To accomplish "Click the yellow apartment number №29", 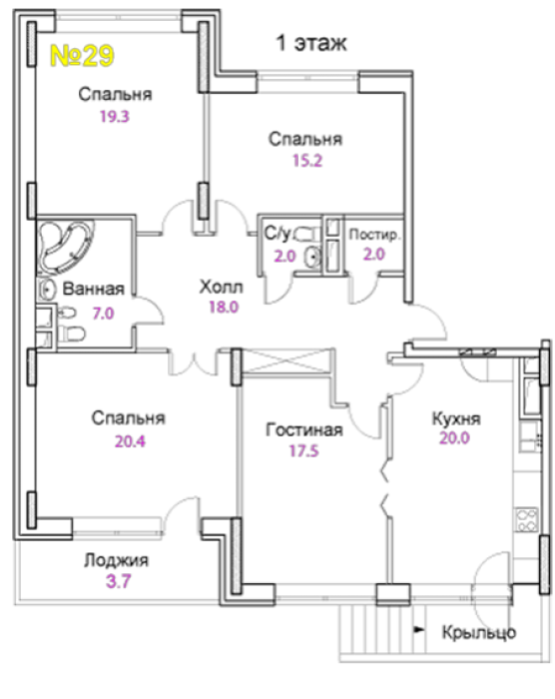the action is point(82,56).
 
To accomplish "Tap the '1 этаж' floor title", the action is point(311,43).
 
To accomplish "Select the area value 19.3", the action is point(115,117).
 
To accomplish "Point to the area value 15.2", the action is point(307,161).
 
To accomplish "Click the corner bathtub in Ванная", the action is point(65,247).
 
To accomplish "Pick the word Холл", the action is point(222,288).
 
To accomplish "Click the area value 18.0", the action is point(224,308).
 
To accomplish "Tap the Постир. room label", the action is point(374,235).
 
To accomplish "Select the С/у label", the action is point(277,233).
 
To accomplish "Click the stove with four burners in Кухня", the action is point(526,520).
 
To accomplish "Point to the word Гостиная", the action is point(304,430).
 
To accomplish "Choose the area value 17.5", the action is point(304,451).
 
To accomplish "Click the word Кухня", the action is point(456,419).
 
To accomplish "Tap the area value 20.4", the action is point(130,441).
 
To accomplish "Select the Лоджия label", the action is point(117,561).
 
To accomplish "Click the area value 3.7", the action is point(119,582).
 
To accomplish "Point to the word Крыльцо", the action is point(479,632).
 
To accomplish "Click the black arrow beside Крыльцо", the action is point(418,630).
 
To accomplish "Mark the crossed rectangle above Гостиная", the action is point(286,360).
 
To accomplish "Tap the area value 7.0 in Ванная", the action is point(103,314).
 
